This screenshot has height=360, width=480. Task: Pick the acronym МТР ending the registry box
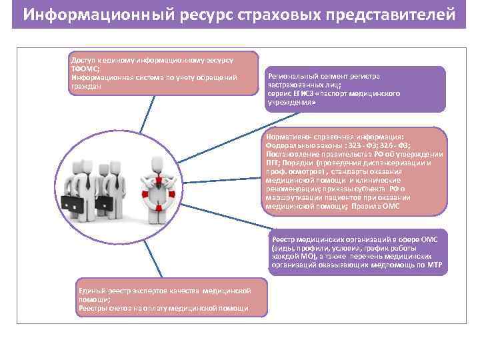(x=436, y=265)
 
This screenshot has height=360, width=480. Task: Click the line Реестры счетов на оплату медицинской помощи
(x=163, y=308)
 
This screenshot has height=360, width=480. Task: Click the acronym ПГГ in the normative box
(x=273, y=162)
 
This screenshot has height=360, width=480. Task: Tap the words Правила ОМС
(x=400, y=206)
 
